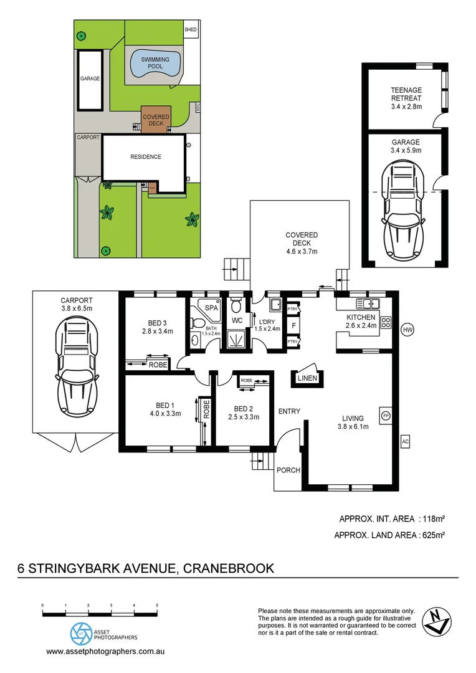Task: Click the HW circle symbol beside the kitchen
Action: click(408, 329)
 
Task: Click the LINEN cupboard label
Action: click(307, 378)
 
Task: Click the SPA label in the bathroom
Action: click(212, 308)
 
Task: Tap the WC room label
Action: click(237, 321)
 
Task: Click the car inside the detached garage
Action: click(406, 209)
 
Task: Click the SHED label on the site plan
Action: click(191, 29)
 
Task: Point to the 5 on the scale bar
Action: click(157, 605)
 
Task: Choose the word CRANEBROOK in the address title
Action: click(233, 568)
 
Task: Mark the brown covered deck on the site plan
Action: click(156, 120)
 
